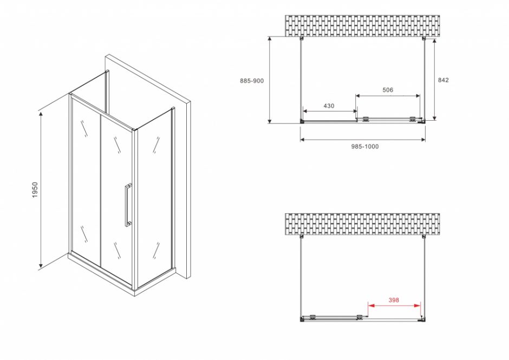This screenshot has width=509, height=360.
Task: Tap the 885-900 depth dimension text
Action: click(252, 81)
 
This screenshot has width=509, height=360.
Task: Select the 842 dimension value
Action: click(443, 80)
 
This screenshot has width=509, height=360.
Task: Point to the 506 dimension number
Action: click(387, 90)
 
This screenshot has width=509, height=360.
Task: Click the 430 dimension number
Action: click(329, 106)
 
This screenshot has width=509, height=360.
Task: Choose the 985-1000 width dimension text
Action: click(363, 147)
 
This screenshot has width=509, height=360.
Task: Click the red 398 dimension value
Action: click(394, 299)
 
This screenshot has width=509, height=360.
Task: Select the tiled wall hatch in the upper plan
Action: click(362, 26)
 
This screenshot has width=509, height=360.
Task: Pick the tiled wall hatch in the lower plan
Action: click(362, 224)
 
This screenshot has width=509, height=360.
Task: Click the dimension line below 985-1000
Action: click(362, 140)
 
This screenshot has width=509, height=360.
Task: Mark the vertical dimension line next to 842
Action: click(434, 79)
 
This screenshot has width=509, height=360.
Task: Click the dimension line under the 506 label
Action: click(387, 96)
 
